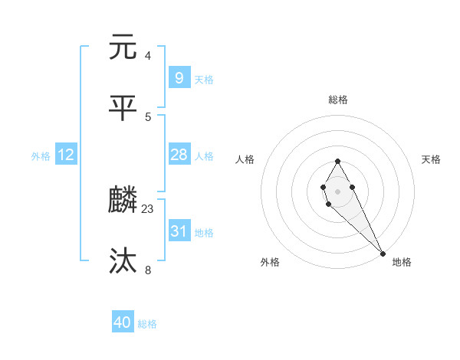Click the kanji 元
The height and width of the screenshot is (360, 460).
pyautogui.click(x=124, y=47)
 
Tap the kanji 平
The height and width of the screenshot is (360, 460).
pyautogui.click(x=124, y=108)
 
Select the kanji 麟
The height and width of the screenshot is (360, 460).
pyautogui.click(x=124, y=201)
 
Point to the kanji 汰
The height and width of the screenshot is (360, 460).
pyautogui.click(x=124, y=262)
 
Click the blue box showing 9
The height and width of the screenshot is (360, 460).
pyautogui.click(x=179, y=77)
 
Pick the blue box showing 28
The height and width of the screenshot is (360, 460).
pyautogui.click(x=179, y=155)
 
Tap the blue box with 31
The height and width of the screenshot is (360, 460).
pyautogui.click(x=179, y=231)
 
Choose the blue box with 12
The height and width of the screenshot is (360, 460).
pyautogui.click(x=66, y=155)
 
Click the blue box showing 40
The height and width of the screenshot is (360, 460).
pyautogui.click(x=123, y=322)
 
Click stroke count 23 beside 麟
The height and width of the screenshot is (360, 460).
pyautogui.click(x=148, y=208)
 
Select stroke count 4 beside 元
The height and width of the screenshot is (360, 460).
pyautogui.click(x=148, y=55)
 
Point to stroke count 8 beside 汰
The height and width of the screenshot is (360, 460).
pyautogui.click(x=148, y=270)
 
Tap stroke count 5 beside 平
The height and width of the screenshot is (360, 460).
pyautogui.click(x=148, y=116)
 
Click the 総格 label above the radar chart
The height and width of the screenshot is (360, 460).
pyautogui.click(x=338, y=100)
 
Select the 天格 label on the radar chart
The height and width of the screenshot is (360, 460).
pyautogui.click(x=431, y=159)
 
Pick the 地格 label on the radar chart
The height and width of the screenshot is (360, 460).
pyautogui.click(x=402, y=262)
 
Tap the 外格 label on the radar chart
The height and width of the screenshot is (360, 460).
pyautogui.click(x=270, y=262)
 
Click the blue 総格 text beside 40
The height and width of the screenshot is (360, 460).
pyautogui.click(x=147, y=324)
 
